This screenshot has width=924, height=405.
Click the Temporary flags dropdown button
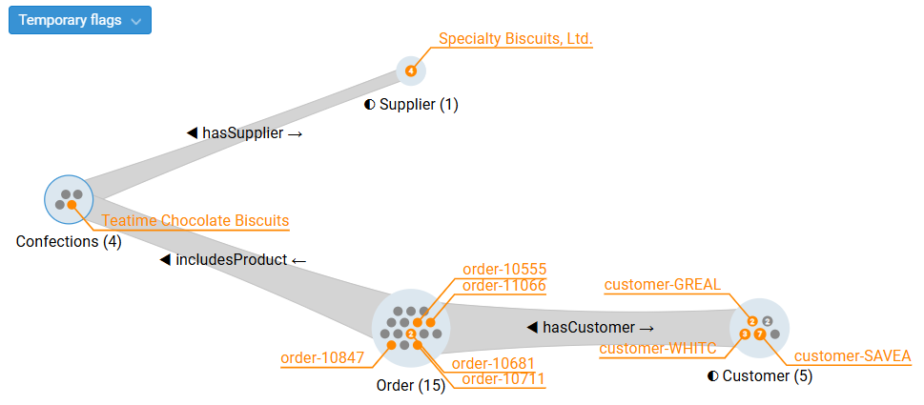click(79, 20)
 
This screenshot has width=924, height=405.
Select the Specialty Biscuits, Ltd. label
click(515, 39)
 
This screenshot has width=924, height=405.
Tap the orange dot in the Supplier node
click(411, 71)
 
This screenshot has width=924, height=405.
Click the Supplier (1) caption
click(411, 104)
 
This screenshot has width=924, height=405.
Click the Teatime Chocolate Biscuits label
click(195, 221)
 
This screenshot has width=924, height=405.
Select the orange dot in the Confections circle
click(72, 205)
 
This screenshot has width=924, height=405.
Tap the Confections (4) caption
click(69, 242)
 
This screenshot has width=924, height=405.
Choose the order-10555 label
click(504, 270)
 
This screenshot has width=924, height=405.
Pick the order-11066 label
click(504, 285)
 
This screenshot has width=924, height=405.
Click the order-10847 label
click(322, 358)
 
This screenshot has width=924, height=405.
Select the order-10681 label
click(493, 363)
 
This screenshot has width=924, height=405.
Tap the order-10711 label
click(503, 378)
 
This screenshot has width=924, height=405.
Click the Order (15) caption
click(411, 386)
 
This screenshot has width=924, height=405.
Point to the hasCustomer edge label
click(590, 327)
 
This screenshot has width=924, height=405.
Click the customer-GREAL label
click(663, 284)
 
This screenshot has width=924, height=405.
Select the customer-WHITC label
click(657, 349)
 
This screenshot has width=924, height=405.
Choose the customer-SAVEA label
click(852, 356)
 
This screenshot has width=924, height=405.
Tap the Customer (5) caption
click(760, 375)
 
